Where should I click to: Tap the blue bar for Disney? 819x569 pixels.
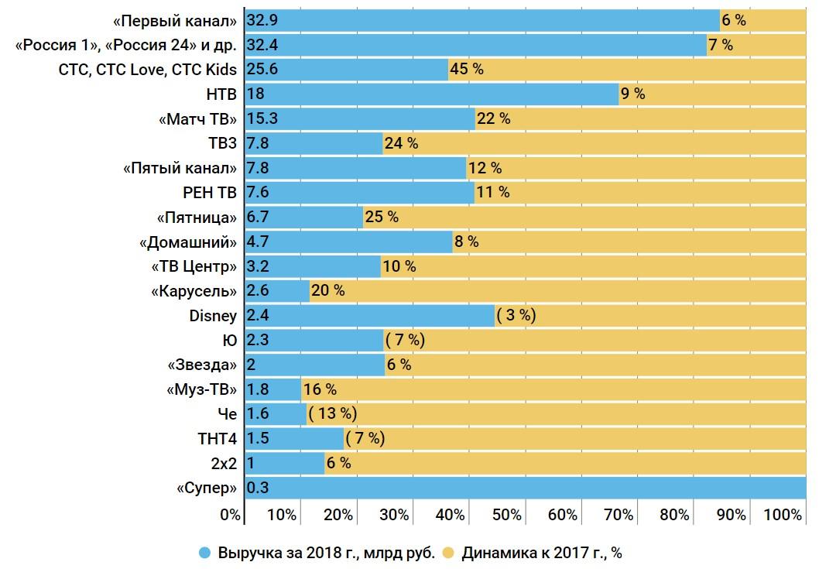click(369, 316)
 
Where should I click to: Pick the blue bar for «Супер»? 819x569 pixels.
click(526, 488)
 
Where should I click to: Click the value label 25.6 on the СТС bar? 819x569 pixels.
click(262, 70)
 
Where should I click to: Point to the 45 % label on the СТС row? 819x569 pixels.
click(467, 70)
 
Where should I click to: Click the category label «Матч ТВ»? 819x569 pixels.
click(197, 119)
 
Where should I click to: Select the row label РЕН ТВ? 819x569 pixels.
click(209, 193)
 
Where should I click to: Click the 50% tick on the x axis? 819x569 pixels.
click(506, 515)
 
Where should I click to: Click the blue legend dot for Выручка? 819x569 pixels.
click(205, 554)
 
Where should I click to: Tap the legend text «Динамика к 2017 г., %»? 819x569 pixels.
click(542, 554)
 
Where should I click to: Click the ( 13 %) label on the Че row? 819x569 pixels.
click(332, 414)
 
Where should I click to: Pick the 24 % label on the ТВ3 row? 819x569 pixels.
click(401, 143)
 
